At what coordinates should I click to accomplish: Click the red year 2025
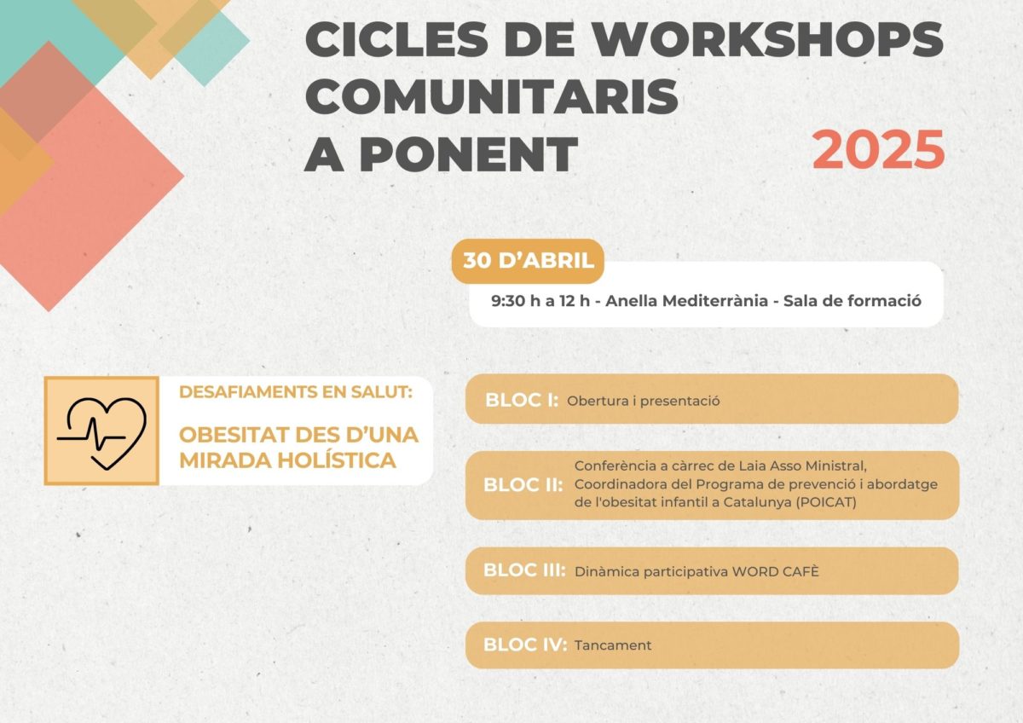click(x=878, y=149)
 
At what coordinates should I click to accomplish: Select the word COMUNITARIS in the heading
click(x=492, y=96)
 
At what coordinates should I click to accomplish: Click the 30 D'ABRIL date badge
click(x=528, y=261)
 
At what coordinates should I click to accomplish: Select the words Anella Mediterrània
click(x=686, y=301)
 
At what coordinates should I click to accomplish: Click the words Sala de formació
click(x=852, y=301)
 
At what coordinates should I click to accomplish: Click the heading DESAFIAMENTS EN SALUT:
click(x=296, y=392)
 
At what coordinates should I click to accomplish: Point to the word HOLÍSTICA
click(x=337, y=460)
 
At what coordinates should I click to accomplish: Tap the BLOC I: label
click(x=522, y=400)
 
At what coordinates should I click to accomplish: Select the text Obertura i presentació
click(x=643, y=401)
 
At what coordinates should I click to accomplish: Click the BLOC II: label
click(x=523, y=485)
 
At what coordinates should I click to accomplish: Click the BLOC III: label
click(x=524, y=570)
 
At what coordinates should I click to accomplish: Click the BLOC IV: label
click(x=525, y=645)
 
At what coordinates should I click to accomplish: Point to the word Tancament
click(x=613, y=645)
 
